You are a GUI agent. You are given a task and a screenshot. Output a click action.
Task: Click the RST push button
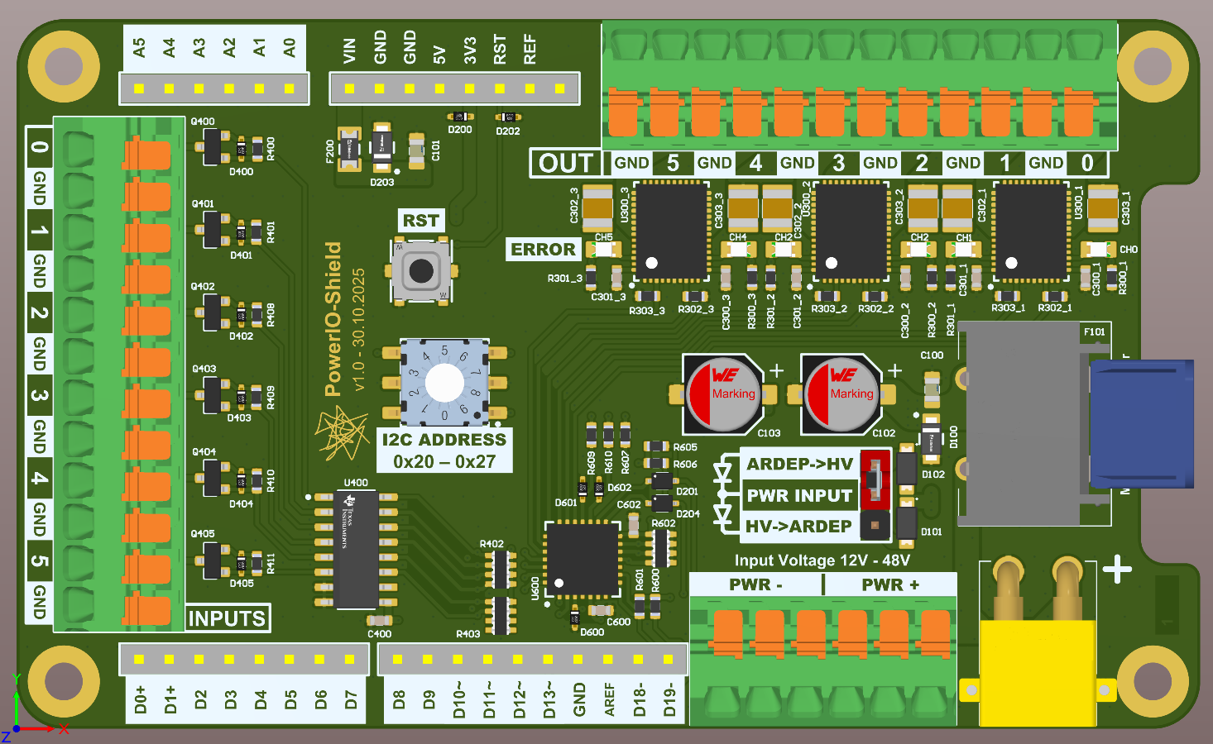click(x=421, y=270)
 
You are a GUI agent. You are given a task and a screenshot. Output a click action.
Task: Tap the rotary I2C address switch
click(x=444, y=382)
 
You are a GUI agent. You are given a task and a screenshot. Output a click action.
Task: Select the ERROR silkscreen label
click(x=543, y=250)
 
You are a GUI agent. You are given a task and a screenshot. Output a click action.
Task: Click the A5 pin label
click(x=139, y=48)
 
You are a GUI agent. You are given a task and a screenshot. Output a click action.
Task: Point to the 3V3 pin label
click(x=470, y=50)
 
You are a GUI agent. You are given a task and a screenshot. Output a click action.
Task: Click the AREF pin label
click(x=610, y=699)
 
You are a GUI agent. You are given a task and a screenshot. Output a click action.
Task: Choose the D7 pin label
click(x=351, y=699)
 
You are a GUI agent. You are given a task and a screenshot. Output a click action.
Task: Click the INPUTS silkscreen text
click(x=227, y=618)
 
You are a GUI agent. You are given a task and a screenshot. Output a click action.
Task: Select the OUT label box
click(x=567, y=163)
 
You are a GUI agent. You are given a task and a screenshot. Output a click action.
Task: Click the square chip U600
click(x=583, y=559)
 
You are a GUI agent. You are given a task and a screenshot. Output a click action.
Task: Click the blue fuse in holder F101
click(x=1142, y=423)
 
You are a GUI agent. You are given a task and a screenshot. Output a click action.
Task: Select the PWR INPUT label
click(x=799, y=495)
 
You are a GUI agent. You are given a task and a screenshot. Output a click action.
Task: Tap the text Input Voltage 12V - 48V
click(x=822, y=560)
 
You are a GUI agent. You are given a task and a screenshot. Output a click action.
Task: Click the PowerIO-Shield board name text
click(x=333, y=319)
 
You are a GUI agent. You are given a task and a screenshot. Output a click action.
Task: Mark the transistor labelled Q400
click(x=213, y=147)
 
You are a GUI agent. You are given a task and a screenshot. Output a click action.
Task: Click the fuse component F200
click(x=349, y=150)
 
